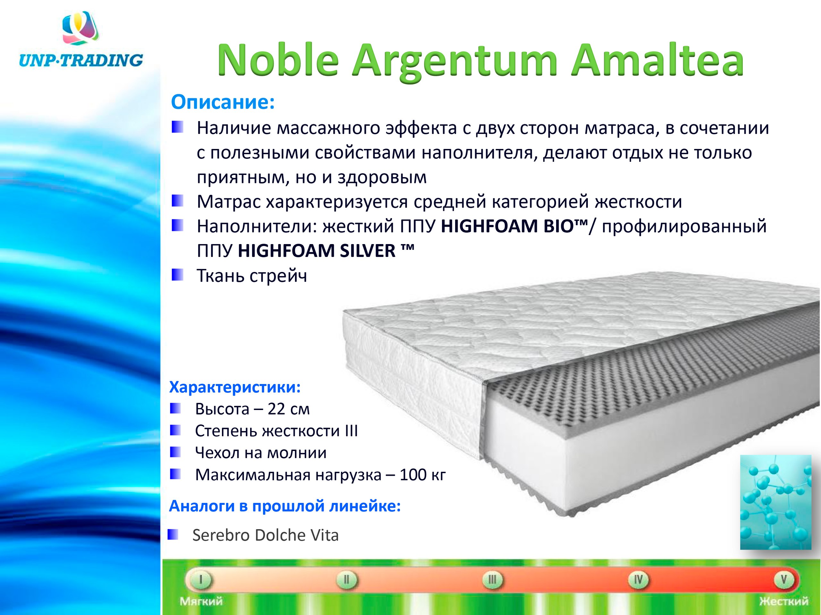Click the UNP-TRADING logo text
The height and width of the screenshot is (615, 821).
[80, 60]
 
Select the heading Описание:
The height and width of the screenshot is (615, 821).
[223, 102]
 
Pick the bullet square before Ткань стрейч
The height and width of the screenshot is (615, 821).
[177, 275]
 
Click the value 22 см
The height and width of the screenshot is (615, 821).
[288, 409]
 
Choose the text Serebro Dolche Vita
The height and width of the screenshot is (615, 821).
[265, 535]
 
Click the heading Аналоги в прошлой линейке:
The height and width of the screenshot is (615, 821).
[285, 506]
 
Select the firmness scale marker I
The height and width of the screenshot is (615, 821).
[200, 579]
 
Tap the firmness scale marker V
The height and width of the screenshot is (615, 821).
[784, 579]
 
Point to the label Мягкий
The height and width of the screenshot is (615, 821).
[201, 601]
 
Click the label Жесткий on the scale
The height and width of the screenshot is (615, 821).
[783, 601]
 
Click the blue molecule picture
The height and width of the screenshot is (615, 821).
[776, 502]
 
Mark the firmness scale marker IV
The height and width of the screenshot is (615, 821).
[638, 579]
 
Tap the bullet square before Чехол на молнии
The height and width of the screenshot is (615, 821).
[175, 452]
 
